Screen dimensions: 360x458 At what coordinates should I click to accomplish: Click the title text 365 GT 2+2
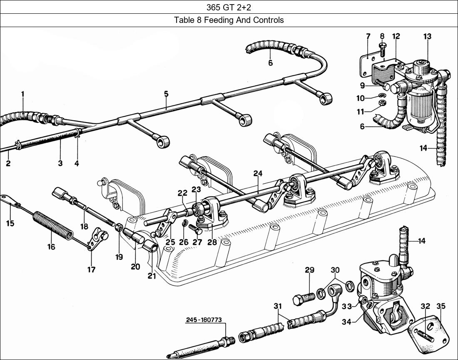pyautogui.click(x=229, y=7)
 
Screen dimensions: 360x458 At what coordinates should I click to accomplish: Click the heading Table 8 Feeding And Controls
pyautogui.click(x=229, y=20)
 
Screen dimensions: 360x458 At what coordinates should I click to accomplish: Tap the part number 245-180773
pyautogui.click(x=204, y=320)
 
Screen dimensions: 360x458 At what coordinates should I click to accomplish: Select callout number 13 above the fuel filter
pyautogui.click(x=427, y=36)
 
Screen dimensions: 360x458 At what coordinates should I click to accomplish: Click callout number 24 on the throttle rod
pyautogui.click(x=258, y=173)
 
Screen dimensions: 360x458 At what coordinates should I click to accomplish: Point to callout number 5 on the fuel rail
pyautogui.click(x=166, y=94)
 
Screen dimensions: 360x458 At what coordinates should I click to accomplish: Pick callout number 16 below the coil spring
pyautogui.click(x=51, y=247)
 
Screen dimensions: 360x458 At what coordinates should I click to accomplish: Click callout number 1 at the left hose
pyautogui.click(x=22, y=94)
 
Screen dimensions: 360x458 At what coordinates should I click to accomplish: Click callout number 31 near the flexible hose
pyautogui.click(x=278, y=306)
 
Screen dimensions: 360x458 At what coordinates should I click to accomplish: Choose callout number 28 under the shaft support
pyautogui.click(x=212, y=242)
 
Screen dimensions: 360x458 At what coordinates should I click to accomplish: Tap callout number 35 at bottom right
pyautogui.click(x=441, y=306)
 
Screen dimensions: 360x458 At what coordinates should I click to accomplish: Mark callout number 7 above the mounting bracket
pyautogui.click(x=368, y=36)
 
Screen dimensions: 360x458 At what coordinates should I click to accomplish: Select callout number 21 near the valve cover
pyautogui.click(x=152, y=275)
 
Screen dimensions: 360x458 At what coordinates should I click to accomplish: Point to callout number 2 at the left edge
pyautogui.click(x=8, y=163)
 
